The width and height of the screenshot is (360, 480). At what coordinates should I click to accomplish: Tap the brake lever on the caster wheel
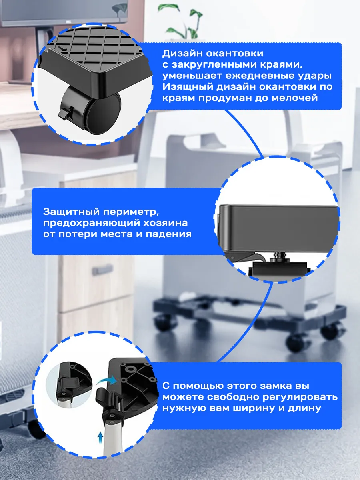click(65, 113)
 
